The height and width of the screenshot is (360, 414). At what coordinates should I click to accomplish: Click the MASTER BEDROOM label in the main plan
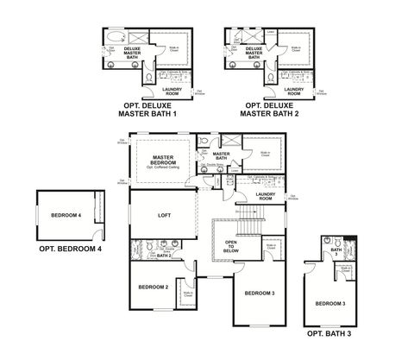click(163, 161)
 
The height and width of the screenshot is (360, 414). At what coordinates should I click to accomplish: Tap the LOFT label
click(164, 216)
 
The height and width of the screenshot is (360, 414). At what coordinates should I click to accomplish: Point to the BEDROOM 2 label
click(153, 287)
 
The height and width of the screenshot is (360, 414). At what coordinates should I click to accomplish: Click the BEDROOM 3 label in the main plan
click(260, 294)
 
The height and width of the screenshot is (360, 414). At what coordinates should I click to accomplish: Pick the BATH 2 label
click(164, 256)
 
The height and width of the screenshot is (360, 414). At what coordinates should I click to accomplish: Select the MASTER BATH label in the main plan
click(221, 156)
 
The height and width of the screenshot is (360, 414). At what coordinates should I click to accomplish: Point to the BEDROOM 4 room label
click(66, 215)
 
